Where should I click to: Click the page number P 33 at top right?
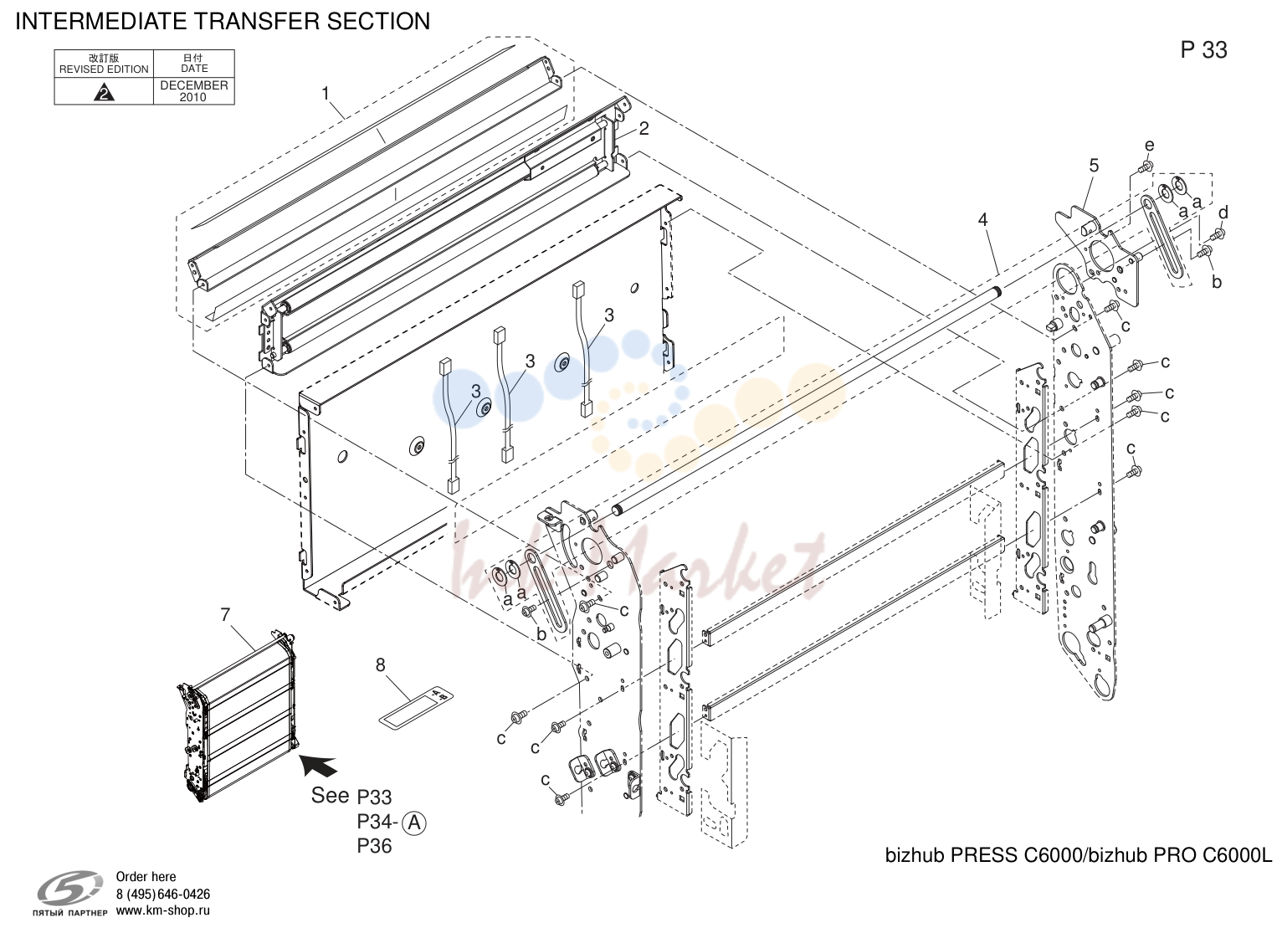[1203, 50]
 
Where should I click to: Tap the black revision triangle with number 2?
[104, 92]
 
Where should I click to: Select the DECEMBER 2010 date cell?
[194, 91]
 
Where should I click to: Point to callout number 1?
[326, 93]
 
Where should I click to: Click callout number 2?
[644, 129]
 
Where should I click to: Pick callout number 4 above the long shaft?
[982, 219]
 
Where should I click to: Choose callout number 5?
[1094, 166]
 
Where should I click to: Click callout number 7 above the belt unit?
[225, 614]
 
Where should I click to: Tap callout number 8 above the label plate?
[381, 664]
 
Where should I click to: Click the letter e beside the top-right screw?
[1149, 146]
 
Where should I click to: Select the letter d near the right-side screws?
[1223, 213]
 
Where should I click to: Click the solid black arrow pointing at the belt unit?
[318, 764]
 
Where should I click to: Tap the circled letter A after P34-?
[414, 823]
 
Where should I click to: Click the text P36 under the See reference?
[374, 846]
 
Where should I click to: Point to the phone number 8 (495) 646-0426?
[163, 895]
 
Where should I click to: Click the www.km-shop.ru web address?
[163, 910]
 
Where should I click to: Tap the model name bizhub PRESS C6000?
[984, 855]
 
